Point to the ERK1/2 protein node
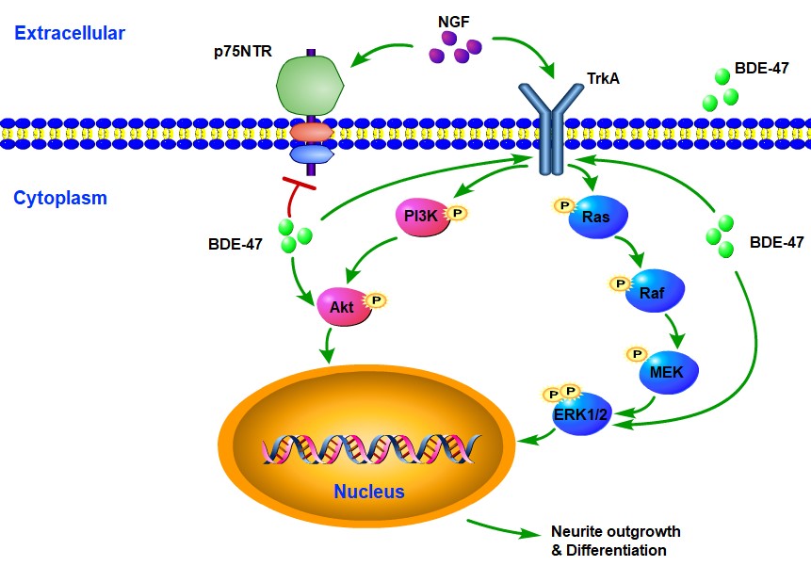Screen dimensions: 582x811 click(582, 415)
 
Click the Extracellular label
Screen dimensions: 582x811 click(70, 34)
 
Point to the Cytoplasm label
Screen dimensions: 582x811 click(60, 198)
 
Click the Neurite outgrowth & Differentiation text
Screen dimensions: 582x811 click(615, 541)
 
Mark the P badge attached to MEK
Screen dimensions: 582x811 click(637, 354)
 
